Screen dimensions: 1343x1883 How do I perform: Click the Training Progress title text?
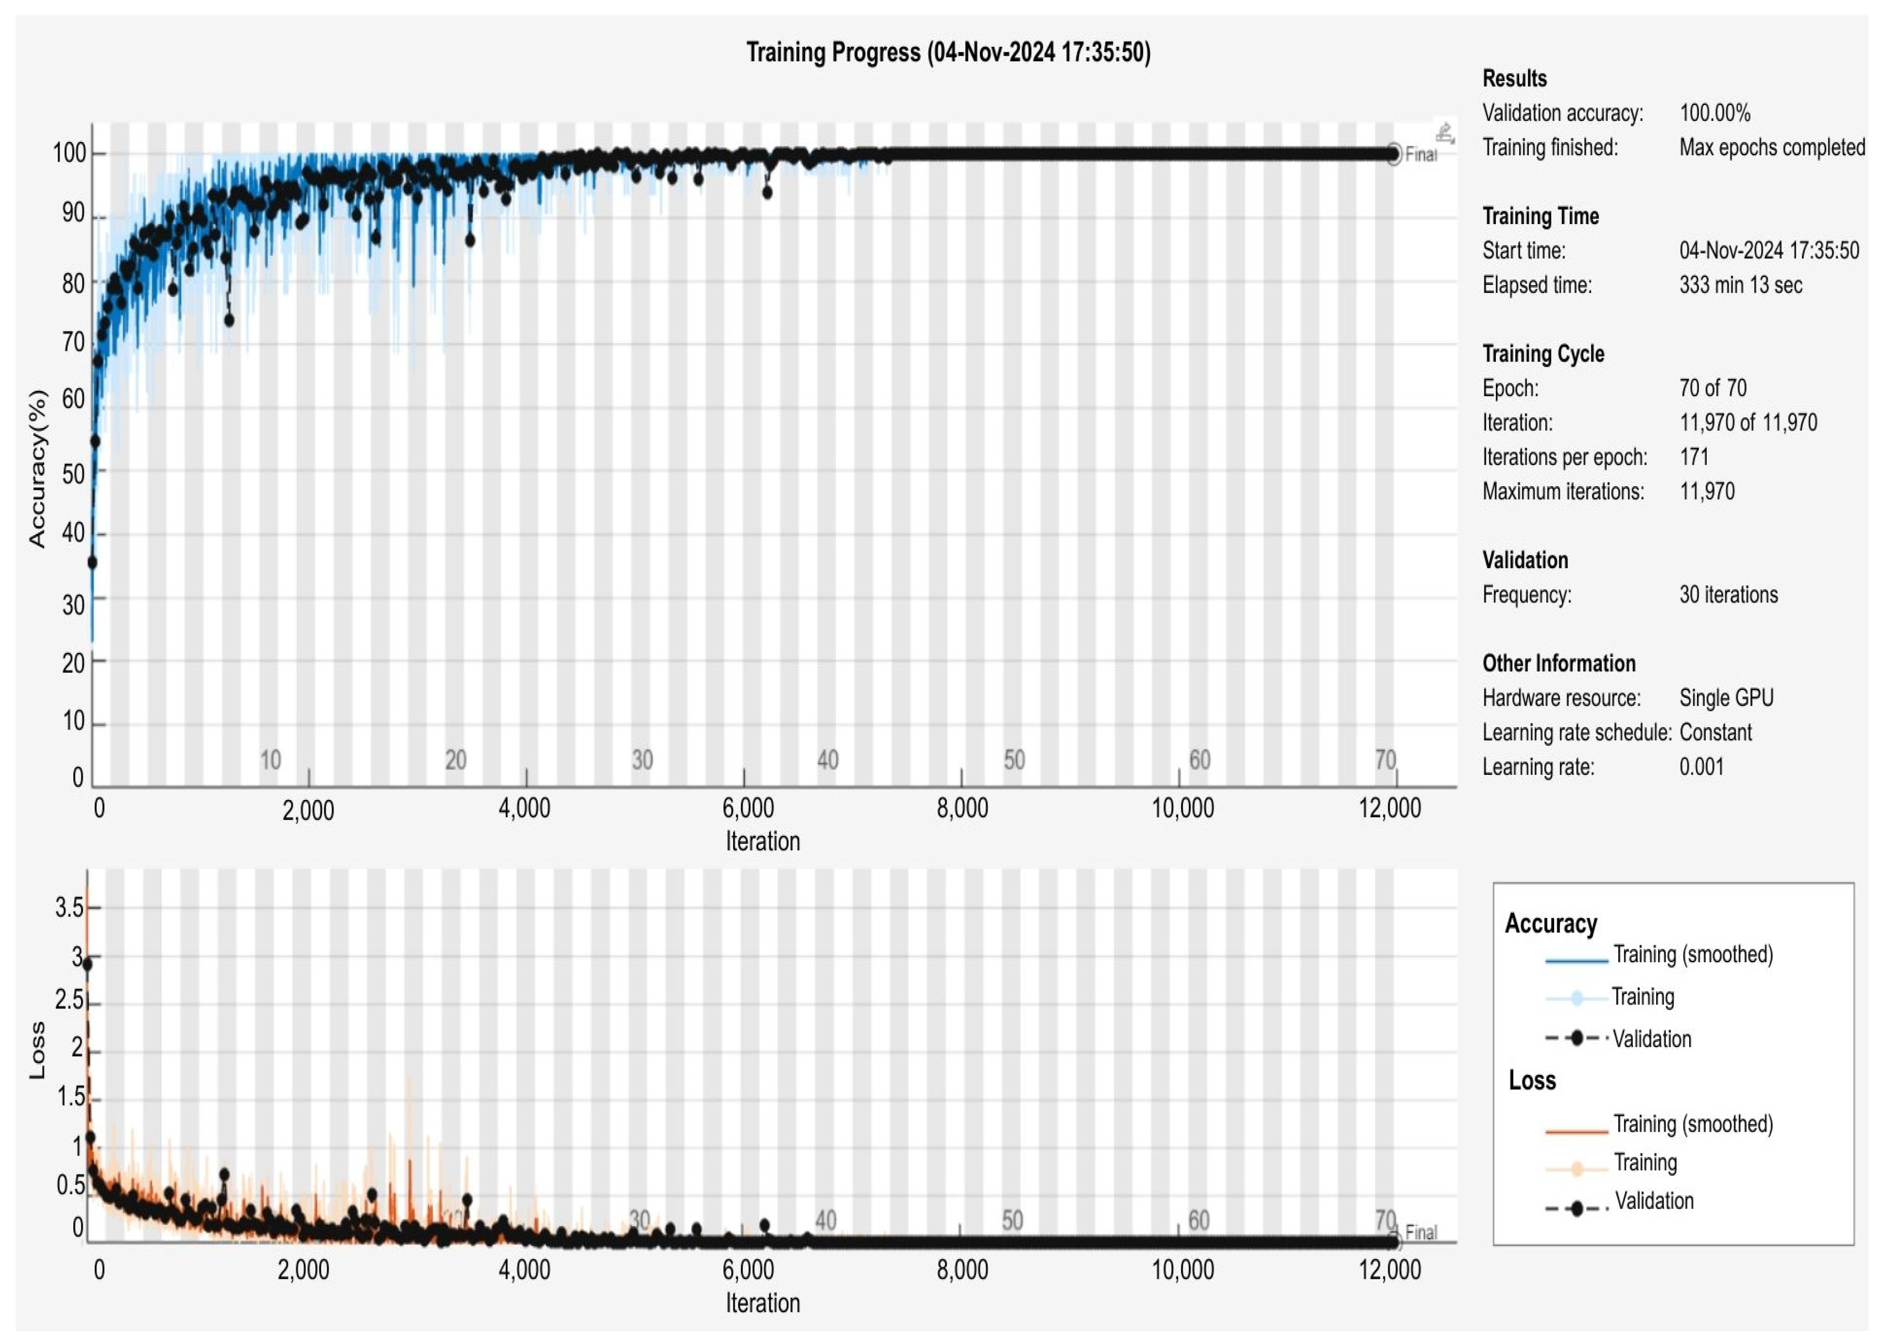click(948, 53)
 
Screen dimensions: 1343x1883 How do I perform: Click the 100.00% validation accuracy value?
click(1714, 113)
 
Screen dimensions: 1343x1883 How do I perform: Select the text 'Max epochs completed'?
click(1771, 148)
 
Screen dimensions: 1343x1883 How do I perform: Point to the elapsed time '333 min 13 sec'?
click(1740, 285)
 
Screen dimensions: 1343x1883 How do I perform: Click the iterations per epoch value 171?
click(1694, 457)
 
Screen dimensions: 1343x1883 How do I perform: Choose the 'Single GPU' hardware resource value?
click(1726, 698)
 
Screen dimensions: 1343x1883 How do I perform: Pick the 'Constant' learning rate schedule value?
click(1715, 733)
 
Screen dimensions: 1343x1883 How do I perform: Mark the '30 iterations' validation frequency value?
click(1728, 595)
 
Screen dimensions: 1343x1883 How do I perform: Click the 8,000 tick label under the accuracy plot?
click(962, 808)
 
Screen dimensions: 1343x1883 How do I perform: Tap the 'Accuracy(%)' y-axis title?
click(37, 468)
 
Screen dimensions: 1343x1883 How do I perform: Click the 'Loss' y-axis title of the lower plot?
click(37, 1050)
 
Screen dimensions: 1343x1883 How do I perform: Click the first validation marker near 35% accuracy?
click(92, 562)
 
